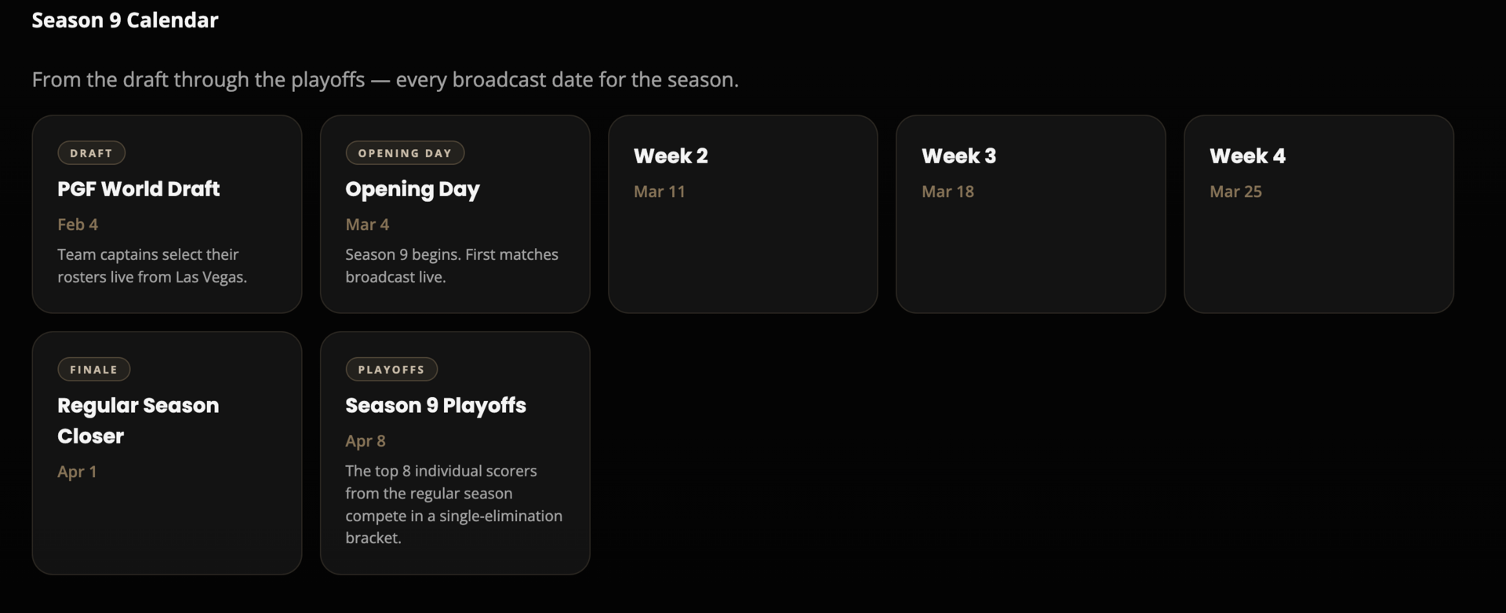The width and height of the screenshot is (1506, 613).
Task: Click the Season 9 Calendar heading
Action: [x=125, y=20]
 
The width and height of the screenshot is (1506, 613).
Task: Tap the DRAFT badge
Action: [x=91, y=153]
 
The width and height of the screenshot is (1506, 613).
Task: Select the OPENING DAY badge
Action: [x=405, y=153]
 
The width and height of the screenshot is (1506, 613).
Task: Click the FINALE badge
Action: [x=93, y=370]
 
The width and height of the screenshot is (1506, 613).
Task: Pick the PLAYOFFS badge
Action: [x=391, y=370]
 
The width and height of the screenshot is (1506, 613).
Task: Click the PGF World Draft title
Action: [x=138, y=189]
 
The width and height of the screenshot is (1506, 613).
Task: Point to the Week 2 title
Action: [x=671, y=156]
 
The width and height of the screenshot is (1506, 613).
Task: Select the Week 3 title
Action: [x=959, y=156]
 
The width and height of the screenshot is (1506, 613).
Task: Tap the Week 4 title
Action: [x=1247, y=156]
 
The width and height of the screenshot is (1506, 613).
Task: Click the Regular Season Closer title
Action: [x=138, y=421]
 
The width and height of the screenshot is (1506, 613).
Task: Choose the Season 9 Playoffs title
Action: [x=435, y=406]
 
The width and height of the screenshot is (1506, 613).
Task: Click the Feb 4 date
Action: [x=78, y=224]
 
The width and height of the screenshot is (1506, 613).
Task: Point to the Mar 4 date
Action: [x=367, y=224]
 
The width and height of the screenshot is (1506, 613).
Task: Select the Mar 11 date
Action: [x=659, y=192]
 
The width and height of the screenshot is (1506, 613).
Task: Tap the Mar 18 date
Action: [x=948, y=192]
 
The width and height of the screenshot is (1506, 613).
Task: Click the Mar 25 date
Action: [x=1235, y=192]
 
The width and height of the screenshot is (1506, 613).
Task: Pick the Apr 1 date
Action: [x=77, y=472]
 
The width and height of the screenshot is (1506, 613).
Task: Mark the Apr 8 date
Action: [x=366, y=441]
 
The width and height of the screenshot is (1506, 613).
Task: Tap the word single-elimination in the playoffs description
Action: [x=500, y=516]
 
